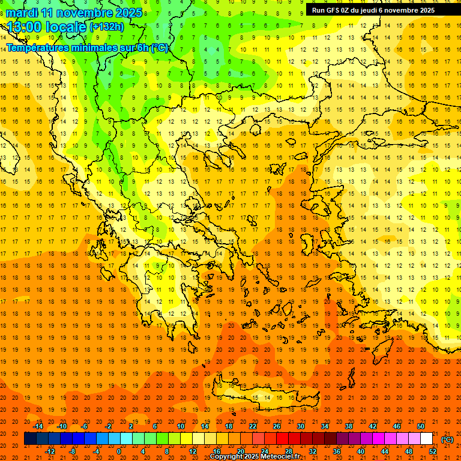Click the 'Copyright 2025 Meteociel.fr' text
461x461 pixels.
pos(255,457)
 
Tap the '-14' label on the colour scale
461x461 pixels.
pos(38,426)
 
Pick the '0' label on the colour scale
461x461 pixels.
pos(119,451)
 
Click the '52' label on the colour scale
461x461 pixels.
pos(433,451)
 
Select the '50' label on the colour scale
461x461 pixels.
pos(421,426)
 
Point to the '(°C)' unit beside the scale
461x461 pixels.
pos(447,439)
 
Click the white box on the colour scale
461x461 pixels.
pos(426,439)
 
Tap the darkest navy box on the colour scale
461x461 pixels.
pos(30,439)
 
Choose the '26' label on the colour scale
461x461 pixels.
pos(277,426)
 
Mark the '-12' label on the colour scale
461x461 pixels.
pos(50,451)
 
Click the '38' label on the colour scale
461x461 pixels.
pos(349,426)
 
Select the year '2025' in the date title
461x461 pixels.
pos(128,13)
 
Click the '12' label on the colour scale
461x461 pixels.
pos(193,451)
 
